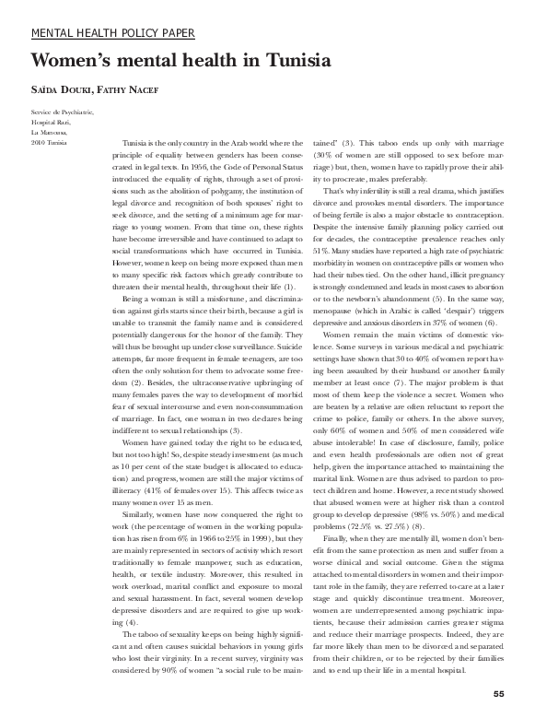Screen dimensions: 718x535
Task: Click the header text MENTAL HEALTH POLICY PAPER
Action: tap(113, 33)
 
